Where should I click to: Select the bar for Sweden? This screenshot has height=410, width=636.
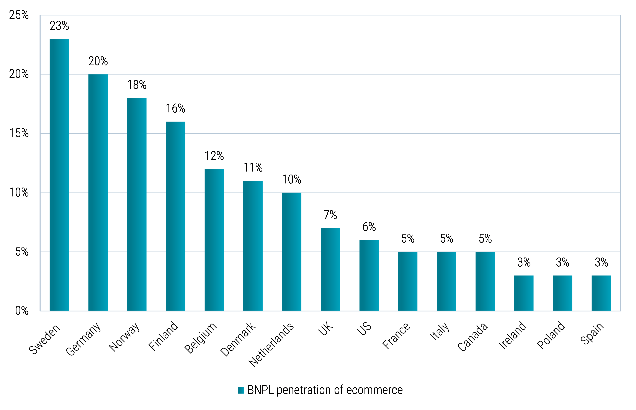pyautogui.click(x=59, y=175)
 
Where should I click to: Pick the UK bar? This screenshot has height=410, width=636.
pyautogui.click(x=330, y=269)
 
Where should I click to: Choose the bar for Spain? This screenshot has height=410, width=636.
pyautogui.click(x=601, y=293)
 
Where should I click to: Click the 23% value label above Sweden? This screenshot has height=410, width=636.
pyautogui.click(x=59, y=26)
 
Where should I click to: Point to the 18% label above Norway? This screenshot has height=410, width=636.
pyautogui.click(x=137, y=85)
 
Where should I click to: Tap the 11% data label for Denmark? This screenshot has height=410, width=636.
pyautogui.click(x=253, y=168)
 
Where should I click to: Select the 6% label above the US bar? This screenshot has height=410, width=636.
pyautogui.click(x=369, y=227)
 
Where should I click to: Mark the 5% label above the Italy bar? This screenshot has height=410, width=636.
pyautogui.click(x=446, y=238)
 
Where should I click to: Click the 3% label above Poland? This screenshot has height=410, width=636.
pyautogui.click(x=562, y=262)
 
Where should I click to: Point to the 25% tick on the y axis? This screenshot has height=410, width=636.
pyautogui.click(x=19, y=15)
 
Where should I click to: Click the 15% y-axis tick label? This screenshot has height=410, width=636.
pyautogui.click(x=19, y=133)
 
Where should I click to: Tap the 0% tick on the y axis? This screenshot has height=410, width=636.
pyautogui.click(x=22, y=311)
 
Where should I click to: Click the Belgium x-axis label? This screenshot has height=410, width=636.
pyautogui.click(x=200, y=338)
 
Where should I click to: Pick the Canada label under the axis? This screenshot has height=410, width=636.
pyautogui.click(x=472, y=337)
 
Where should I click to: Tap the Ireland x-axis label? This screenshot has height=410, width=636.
pyautogui.click(x=512, y=335)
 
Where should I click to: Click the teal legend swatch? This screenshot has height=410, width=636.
pyautogui.click(x=241, y=390)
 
